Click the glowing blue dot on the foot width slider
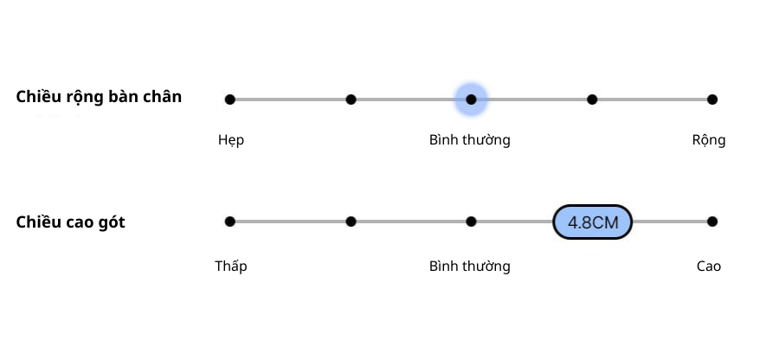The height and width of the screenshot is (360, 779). pyautogui.click(x=471, y=100)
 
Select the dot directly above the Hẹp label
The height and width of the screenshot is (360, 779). pyautogui.click(x=230, y=100)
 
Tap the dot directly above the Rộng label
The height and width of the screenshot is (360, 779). pyautogui.click(x=711, y=100)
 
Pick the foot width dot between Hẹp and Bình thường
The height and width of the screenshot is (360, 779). pyautogui.click(x=351, y=100)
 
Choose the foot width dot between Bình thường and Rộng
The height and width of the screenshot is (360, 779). pyautogui.click(x=592, y=100)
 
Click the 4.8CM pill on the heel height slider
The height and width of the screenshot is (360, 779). pyautogui.click(x=593, y=222)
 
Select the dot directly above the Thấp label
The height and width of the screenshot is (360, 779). pyautogui.click(x=230, y=222)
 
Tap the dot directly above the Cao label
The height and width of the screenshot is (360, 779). pyautogui.click(x=711, y=222)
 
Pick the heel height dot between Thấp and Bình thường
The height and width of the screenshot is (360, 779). pyautogui.click(x=351, y=222)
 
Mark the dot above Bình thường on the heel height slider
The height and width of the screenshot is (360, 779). pyautogui.click(x=471, y=222)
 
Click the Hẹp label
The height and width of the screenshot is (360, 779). pyautogui.click(x=231, y=140)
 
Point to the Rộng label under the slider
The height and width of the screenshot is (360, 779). pyautogui.click(x=709, y=140)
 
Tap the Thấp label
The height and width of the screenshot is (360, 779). pyautogui.click(x=231, y=266)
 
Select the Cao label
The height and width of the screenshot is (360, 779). pyautogui.click(x=709, y=266)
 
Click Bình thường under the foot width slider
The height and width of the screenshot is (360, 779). pyautogui.click(x=469, y=140)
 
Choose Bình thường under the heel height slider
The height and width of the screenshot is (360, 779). pyautogui.click(x=469, y=266)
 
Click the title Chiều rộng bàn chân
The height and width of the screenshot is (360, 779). pyautogui.click(x=99, y=97)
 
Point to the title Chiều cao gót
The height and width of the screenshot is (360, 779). pyautogui.click(x=70, y=222)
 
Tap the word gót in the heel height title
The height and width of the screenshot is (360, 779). pyautogui.click(x=111, y=223)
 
